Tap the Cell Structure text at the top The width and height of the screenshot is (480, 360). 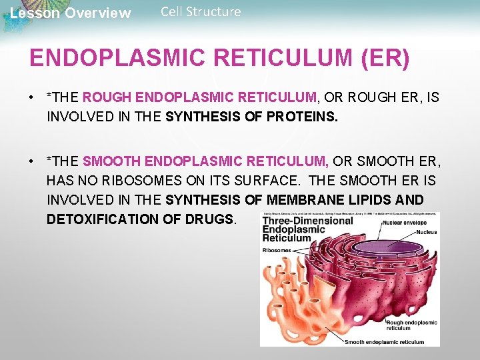pos(201,11)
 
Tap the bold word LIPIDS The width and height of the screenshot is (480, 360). pos(373,199)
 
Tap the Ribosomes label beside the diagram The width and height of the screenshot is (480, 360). pos(276,251)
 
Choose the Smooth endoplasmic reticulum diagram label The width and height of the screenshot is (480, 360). pos(383,342)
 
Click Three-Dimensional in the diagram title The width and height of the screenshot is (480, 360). pos(307,221)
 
